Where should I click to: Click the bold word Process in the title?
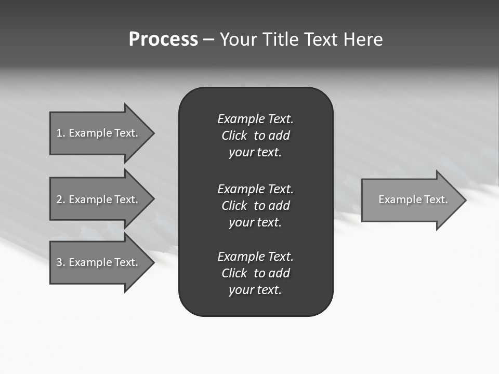[163, 39]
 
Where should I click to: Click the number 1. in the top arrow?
[61, 133]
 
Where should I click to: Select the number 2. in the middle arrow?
[61, 199]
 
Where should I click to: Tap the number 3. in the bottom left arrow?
[61, 262]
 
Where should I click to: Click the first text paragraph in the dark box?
[255, 136]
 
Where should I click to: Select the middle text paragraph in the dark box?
[255, 205]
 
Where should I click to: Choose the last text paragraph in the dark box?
[255, 273]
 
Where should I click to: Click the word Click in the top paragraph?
[234, 136]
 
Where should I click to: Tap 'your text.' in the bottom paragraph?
[255, 290]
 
